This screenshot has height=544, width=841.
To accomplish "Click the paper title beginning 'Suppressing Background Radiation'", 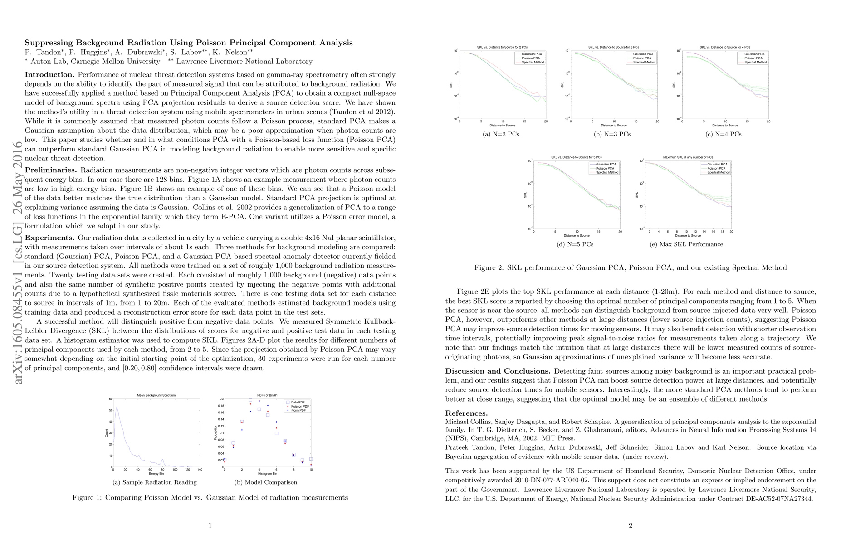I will (188, 43).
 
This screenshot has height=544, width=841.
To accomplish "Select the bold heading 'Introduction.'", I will (49, 74).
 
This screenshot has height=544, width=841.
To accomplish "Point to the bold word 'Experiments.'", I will (49, 238).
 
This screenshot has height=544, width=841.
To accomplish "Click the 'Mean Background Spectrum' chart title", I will (156, 395).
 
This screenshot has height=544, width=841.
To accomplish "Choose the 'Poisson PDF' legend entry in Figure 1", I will (299, 406).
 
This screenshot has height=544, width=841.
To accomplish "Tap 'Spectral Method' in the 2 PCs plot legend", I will (533, 62).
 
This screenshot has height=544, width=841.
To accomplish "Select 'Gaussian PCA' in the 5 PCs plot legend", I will (606, 164).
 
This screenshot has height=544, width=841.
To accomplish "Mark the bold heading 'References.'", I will (466, 413).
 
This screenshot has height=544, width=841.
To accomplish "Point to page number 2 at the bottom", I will (631, 526).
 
